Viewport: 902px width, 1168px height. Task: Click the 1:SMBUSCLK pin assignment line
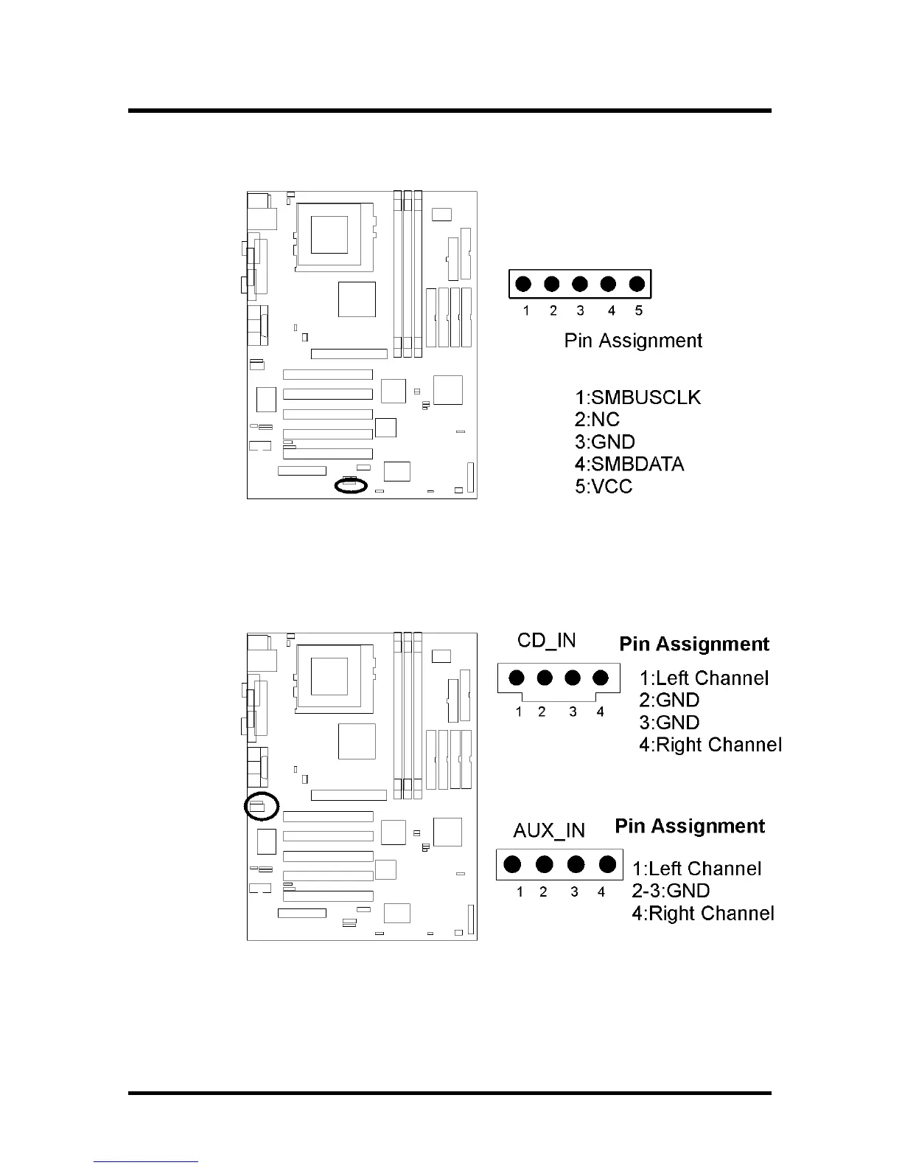pyautogui.click(x=637, y=397)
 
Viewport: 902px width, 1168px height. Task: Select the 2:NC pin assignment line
pyautogui.click(x=597, y=420)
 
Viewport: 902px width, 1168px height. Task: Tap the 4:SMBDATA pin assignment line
pyautogui.click(x=629, y=464)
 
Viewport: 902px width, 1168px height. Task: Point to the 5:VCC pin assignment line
pyautogui.click(x=604, y=486)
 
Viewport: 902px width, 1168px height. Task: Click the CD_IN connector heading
pyautogui.click(x=547, y=640)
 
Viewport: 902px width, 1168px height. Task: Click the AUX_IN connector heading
pyautogui.click(x=549, y=830)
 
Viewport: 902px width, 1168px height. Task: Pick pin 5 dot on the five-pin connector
pyautogui.click(x=637, y=284)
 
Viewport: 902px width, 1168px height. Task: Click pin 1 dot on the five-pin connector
pyautogui.click(x=524, y=284)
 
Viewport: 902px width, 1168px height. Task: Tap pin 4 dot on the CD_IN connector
pyautogui.click(x=601, y=678)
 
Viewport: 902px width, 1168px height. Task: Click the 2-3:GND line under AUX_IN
pyautogui.click(x=671, y=891)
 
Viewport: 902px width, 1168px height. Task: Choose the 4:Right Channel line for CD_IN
pyautogui.click(x=710, y=745)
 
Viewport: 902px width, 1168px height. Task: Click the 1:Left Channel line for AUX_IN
pyautogui.click(x=696, y=869)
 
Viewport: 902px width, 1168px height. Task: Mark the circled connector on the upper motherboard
pyautogui.click(x=350, y=484)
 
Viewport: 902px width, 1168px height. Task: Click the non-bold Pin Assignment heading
pyautogui.click(x=633, y=341)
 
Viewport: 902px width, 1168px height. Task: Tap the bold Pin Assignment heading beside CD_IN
pyautogui.click(x=694, y=644)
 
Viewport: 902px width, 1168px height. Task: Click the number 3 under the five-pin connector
pyautogui.click(x=581, y=311)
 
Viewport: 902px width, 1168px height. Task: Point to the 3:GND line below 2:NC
pyautogui.click(x=604, y=442)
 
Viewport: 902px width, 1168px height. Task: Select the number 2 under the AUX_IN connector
pyautogui.click(x=543, y=892)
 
